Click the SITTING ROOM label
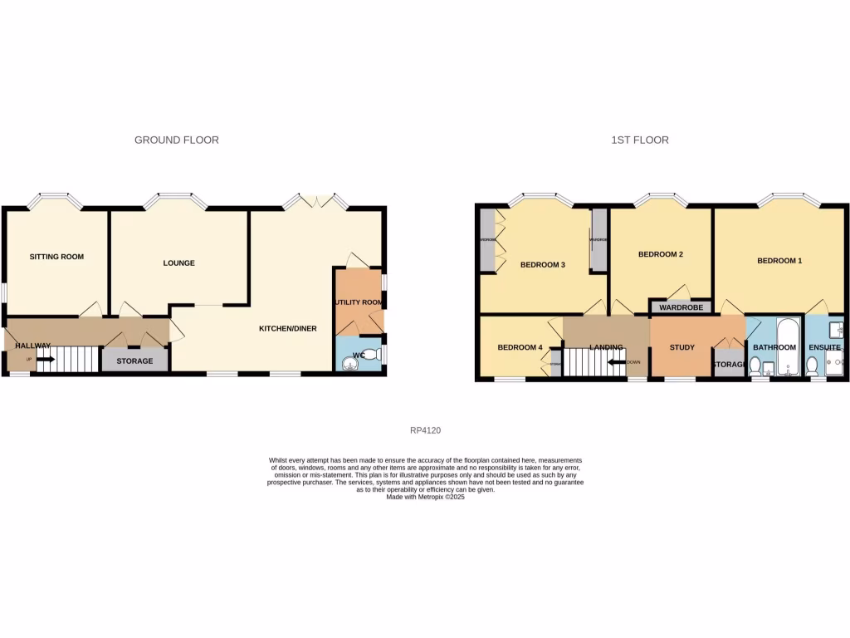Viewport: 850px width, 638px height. click(x=56, y=257)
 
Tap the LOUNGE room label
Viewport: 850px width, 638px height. click(x=178, y=263)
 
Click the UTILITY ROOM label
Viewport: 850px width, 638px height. click(x=359, y=302)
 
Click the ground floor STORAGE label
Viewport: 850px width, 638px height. click(x=134, y=361)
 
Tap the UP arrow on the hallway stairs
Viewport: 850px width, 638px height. click(x=46, y=360)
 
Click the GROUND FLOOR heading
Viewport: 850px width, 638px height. click(x=177, y=140)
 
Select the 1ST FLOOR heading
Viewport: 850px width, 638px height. click(x=640, y=140)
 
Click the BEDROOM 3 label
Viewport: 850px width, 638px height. click(x=542, y=265)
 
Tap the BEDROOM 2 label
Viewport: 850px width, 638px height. click(x=660, y=254)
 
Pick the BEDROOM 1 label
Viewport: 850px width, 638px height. click(x=779, y=261)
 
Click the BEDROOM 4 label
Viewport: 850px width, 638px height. click(x=520, y=347)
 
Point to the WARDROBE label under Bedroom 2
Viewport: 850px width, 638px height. click(x=681, y=307)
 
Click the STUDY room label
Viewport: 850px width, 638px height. click(x=682, y=347)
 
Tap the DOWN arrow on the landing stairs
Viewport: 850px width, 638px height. click(x=615, y=362)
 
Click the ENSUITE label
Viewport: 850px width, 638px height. click(x=824, y=347)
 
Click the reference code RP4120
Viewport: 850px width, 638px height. click(x=425, y=430)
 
